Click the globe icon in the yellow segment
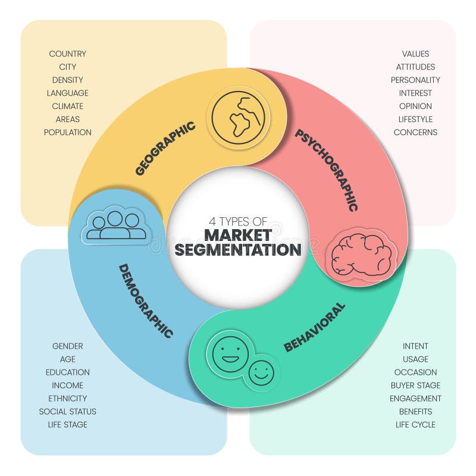[239, 117]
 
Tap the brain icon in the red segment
[361, 255]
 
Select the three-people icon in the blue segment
[115, 225]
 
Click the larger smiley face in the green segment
[230, 354]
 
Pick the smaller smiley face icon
[261, 373]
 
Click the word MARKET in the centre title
[238, 235]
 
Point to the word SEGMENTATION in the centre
[238, 249]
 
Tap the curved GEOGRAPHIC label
[165, 148]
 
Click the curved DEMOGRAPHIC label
[146, 301]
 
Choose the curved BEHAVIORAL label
[315, 328]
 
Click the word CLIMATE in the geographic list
[67, 107]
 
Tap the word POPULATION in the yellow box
[67, 132]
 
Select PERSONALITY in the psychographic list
[415, 80]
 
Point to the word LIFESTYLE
[415, 120]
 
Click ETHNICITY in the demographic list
[67, 398]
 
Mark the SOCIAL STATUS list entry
[67, 411]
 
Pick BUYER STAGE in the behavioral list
[415, 385]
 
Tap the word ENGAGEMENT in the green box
[415, 398]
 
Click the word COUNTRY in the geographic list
[67, 54]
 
